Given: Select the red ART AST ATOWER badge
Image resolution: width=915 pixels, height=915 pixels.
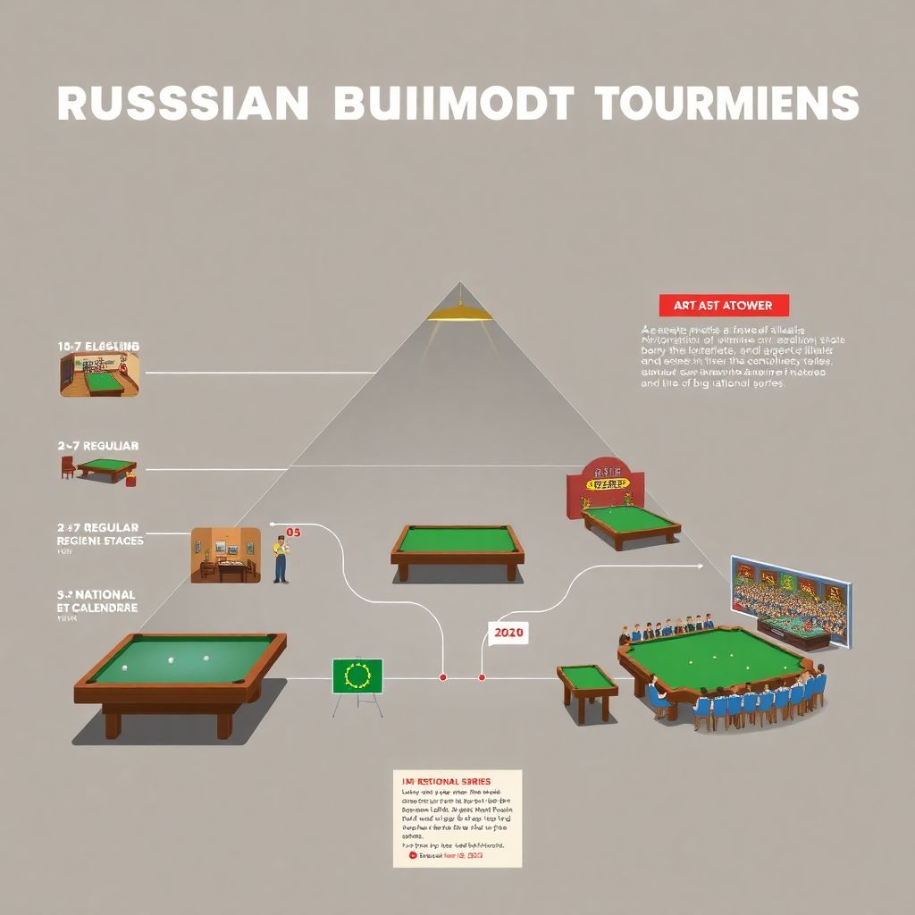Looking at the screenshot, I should tap(724, 306).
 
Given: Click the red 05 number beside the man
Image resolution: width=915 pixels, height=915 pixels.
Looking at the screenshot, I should tap(294, 533).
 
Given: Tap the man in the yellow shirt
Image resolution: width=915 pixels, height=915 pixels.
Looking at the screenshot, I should tap(281, 559).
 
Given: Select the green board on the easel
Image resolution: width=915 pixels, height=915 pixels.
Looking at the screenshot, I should tap(357, 676).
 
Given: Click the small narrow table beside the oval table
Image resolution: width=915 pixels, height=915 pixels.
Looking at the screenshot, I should tap(587, 688).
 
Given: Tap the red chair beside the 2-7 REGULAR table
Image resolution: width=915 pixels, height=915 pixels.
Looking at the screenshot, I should tap(68, 467).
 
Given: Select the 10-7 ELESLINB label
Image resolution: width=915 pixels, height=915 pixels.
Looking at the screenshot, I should tap(98, 346).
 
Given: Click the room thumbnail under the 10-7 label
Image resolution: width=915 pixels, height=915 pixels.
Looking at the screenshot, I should tap(99, 374).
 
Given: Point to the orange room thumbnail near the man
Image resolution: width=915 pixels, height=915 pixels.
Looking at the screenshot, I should tap(225, 555).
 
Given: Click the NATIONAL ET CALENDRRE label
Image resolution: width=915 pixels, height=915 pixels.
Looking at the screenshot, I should tap(97, 600).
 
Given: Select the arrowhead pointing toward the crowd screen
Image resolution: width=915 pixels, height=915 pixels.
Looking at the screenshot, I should tap(698, 566).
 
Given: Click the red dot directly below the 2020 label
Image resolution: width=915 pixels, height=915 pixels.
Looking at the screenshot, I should tap(482, 678).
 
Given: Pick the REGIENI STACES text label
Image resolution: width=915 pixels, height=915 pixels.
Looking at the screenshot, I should tap(100, 540).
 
